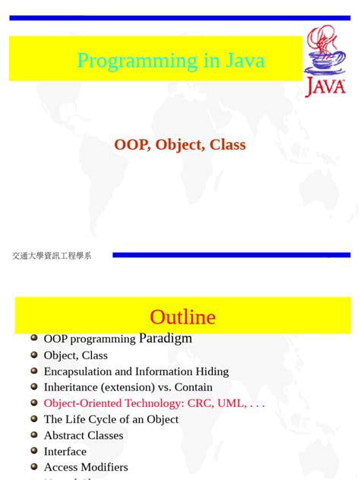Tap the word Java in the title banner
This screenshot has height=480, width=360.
[x=245, y=61]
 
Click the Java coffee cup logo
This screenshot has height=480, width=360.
[x=325, y=61]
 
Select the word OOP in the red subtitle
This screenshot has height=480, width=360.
[x=131, y=144]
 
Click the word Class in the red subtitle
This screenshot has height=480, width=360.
[x=227, y=144]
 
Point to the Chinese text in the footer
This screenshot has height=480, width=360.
[x=52, y=256]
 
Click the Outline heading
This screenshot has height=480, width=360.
[x=182, y=317]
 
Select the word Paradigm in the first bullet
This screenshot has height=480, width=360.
[x=166, y=339]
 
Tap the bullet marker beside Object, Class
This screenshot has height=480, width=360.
[x=34, y=355]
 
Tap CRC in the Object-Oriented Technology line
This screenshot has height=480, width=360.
[x=199, y=403]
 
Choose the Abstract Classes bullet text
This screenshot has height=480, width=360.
[x=84, y=435]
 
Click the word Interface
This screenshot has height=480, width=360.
[x=65, y=451]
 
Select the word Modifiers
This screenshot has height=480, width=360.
[x=103, y=467]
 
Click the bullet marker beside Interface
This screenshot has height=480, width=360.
[x=34, y=451]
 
